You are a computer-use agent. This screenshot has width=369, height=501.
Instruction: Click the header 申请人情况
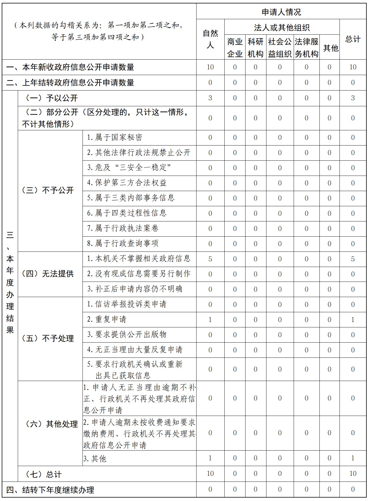(281, 12)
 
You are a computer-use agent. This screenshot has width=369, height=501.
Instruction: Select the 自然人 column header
(210, 39)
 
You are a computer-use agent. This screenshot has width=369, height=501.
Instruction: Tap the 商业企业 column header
(235, 48)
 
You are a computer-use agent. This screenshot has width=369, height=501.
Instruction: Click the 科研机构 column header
(255, 48)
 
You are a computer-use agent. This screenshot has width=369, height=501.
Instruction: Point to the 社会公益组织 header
(280, 48)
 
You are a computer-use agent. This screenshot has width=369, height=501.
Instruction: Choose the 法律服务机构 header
(306, 48)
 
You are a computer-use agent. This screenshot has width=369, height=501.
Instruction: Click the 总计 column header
(353, 39)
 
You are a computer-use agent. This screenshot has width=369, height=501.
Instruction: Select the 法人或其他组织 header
(282, 27)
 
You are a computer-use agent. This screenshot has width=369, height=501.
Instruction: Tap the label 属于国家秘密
(115, 137)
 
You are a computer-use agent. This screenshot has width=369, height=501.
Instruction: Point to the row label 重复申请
(107, 319)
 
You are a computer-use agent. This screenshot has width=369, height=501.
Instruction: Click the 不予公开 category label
(48, 190)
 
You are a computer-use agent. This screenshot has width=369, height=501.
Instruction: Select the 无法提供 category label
(48, 274)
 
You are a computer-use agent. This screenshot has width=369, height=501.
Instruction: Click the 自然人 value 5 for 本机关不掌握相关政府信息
(210, 259)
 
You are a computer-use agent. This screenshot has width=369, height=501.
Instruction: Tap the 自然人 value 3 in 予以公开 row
(210, 98)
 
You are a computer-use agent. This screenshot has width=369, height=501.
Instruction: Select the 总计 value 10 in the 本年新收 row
(353, 67)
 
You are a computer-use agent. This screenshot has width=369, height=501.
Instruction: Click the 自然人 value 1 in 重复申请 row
(210, 319)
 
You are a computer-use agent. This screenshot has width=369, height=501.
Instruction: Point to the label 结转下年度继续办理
(50, 490)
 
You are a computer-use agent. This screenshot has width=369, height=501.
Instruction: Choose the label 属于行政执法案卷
(123, 228)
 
